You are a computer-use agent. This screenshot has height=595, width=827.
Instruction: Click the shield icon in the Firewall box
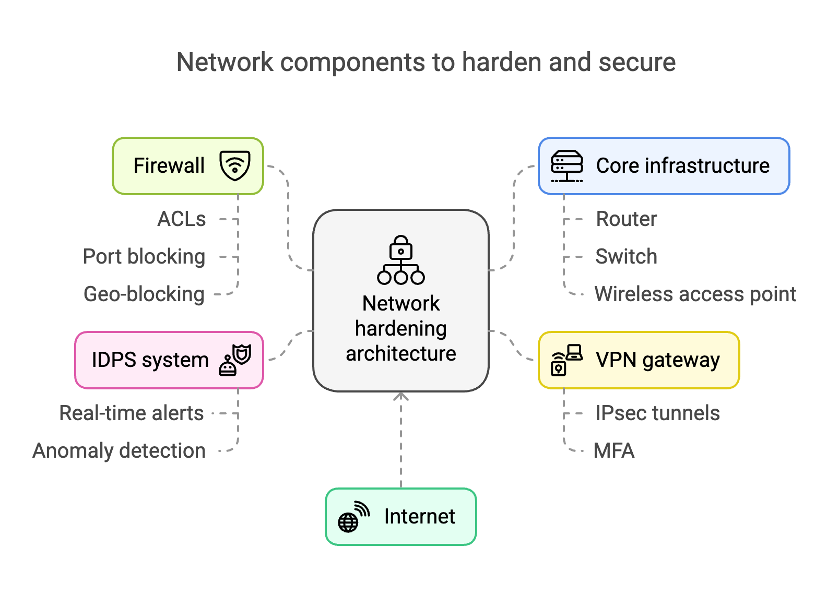pos(235,165)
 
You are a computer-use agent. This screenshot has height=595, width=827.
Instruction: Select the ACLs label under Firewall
pos(182,219)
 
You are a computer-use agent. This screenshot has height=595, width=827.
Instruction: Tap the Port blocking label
pos(144,257)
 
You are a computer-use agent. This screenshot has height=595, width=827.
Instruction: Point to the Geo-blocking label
pos(144,294)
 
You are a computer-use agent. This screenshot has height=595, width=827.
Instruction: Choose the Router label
pos(626,219)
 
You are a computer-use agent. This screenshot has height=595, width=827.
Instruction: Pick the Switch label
pos(626,257)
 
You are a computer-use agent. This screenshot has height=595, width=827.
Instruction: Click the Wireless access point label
pos(695,294)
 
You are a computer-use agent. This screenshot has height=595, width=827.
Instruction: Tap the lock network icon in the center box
pos(401,260)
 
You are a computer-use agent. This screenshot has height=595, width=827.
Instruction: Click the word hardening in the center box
pos(401,329)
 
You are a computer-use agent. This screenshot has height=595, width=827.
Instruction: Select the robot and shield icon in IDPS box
pos(235,360)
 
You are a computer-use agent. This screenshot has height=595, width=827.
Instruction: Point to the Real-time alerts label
pos(132,413)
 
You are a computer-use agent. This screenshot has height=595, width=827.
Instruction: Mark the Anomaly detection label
pos(119,451)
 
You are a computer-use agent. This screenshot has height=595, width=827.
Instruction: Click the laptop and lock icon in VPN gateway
pos(566,360)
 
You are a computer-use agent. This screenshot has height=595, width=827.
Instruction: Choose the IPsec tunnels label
pos(657,413)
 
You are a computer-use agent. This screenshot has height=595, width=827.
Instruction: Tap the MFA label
pos(614,451)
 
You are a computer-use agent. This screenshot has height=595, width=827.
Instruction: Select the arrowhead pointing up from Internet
pos(401,397)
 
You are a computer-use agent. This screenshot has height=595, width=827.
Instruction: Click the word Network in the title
pos(225,62)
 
